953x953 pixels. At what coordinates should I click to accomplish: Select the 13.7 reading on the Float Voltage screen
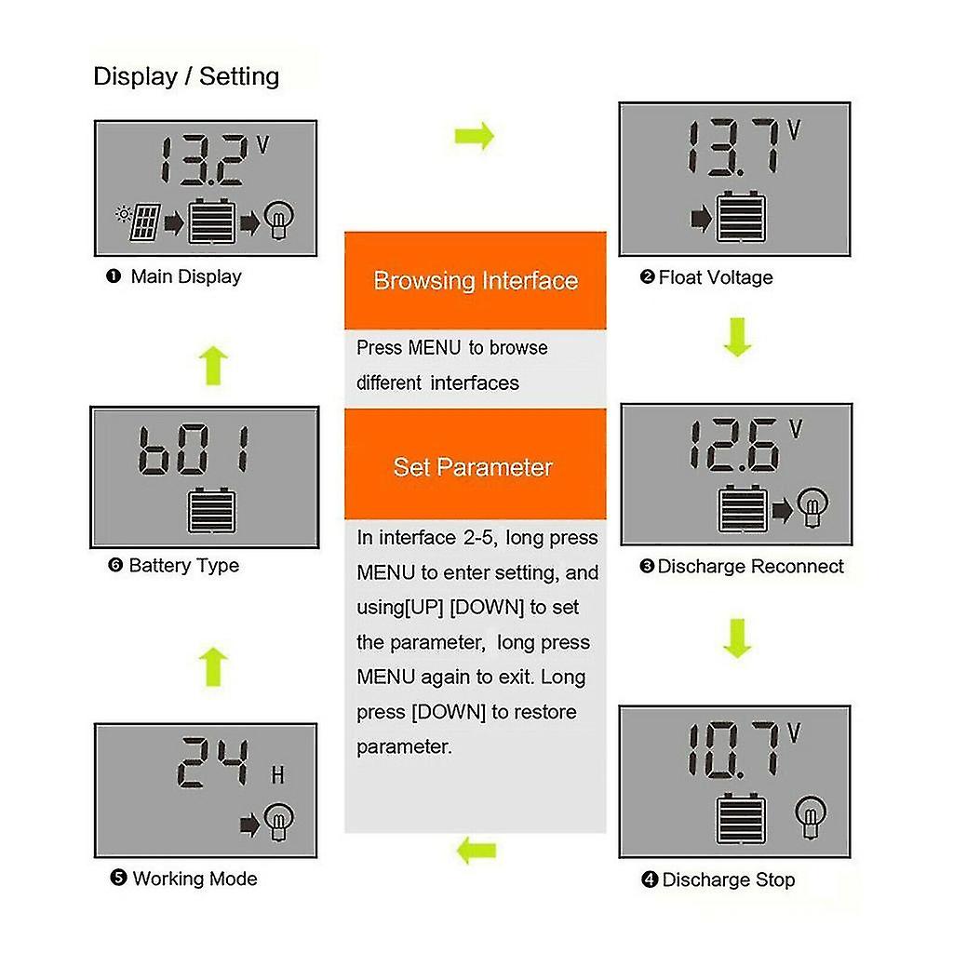pos(731,147)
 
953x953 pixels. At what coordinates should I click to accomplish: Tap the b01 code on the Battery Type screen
pos(194,450)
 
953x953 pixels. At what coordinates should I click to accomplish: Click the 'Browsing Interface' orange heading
pos(476,280)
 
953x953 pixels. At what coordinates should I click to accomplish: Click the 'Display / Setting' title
pos(186,75)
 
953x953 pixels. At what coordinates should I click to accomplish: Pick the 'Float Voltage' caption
pos(715,277)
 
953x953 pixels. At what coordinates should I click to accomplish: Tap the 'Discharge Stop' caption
pos(728,879)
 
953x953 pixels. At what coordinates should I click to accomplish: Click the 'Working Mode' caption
pos(195,878)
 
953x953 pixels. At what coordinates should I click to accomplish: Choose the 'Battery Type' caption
pos(183,565)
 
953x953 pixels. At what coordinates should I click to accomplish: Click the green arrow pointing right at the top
pos(475,137)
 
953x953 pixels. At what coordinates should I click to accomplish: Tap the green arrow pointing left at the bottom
pos(476,849)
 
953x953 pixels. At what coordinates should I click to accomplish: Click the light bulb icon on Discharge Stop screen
pos(811,815)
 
